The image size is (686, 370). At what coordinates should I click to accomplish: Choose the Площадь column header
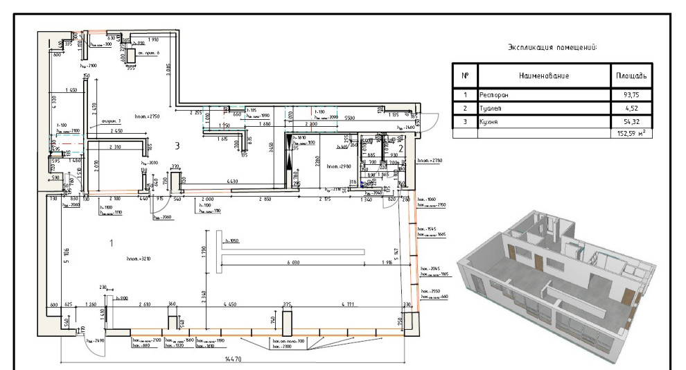630,74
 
